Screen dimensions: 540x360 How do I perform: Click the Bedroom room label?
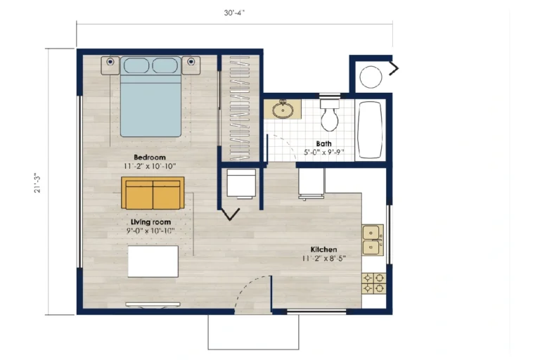[x=150, y=157]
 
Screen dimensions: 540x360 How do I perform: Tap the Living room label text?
[x=151, y=222]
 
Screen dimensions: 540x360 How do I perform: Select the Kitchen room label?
[x=323, y=250]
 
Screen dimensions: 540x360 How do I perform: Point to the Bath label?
[x=323, y=143]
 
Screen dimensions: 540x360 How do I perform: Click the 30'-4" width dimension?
[x=234, y=13]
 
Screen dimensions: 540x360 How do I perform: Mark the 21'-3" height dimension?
[x=37, y=182]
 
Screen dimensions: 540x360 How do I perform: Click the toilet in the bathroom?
[x=330, y=115]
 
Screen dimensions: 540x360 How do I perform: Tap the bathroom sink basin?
[x=283, y=110]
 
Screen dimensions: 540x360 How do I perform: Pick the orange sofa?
[x=153, y=193]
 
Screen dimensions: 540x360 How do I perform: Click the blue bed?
[x=150, y=97]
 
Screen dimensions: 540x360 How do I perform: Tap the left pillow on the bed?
[x=136, y=65]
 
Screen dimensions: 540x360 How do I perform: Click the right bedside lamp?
[x=191, y=62]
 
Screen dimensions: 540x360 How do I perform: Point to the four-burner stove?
[x=373, y=283]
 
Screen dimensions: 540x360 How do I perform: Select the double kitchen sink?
[x=373, y=240]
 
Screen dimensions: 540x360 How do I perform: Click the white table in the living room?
[x=153, y=261]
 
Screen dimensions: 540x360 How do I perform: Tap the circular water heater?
[x=371, y=77]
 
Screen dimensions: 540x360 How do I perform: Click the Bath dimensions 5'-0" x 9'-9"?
[x=323, y=153]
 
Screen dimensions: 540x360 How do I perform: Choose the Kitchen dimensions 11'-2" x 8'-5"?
[x=323, y=258]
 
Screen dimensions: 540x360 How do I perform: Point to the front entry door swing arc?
[x=249, y=286]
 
